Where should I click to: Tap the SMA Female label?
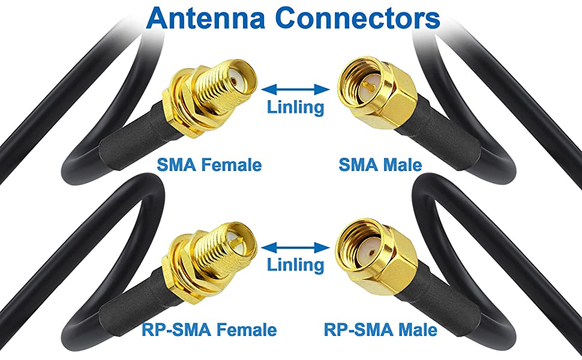(x=209, y=164)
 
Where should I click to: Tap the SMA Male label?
(x=380, y=164)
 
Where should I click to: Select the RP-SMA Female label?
(x=209, y=329)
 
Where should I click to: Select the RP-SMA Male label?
(x=380, y=329)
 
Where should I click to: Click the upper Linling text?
(x=295, y=107)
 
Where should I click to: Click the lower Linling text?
(x=295, y=264)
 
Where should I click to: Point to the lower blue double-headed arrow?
(x=296, y=247)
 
